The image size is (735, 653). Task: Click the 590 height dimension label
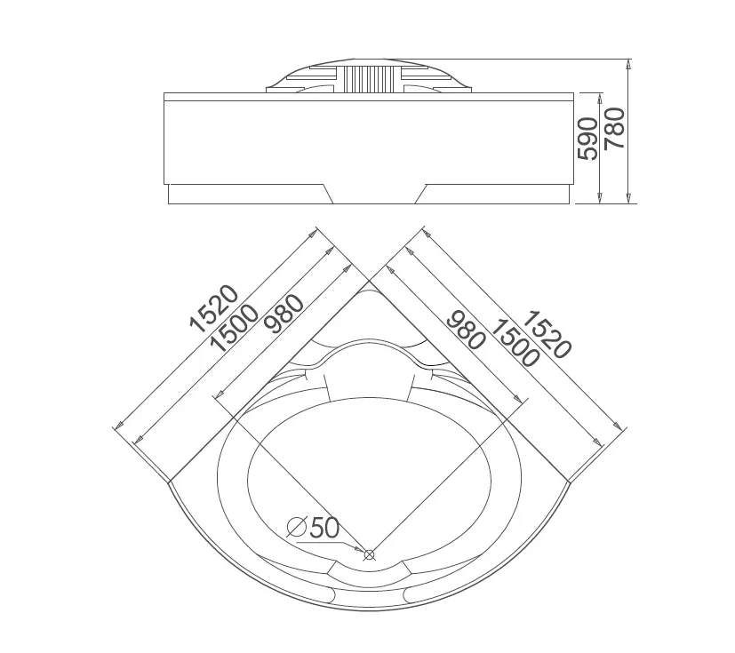[587, 139]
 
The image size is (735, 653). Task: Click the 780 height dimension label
[614, 128]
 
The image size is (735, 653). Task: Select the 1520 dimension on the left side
[214, 308]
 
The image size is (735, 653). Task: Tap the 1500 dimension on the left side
[235, 328]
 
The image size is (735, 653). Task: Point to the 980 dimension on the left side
[284, 314]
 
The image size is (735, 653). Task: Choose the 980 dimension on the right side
[465, 330]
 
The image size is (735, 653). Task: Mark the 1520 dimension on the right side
[547, 334]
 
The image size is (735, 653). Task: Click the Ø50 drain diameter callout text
[313, 528]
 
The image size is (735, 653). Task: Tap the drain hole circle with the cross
[370, 555]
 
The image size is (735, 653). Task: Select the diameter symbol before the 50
[297, 528]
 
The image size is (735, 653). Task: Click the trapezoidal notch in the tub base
[374, 194]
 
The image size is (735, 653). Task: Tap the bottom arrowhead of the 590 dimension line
[601, 199]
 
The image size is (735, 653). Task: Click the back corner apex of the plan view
[370, 281]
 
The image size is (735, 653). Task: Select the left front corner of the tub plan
[168, 482]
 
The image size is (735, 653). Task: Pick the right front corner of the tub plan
[569, 482]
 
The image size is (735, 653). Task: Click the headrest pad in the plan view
[370, 370]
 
